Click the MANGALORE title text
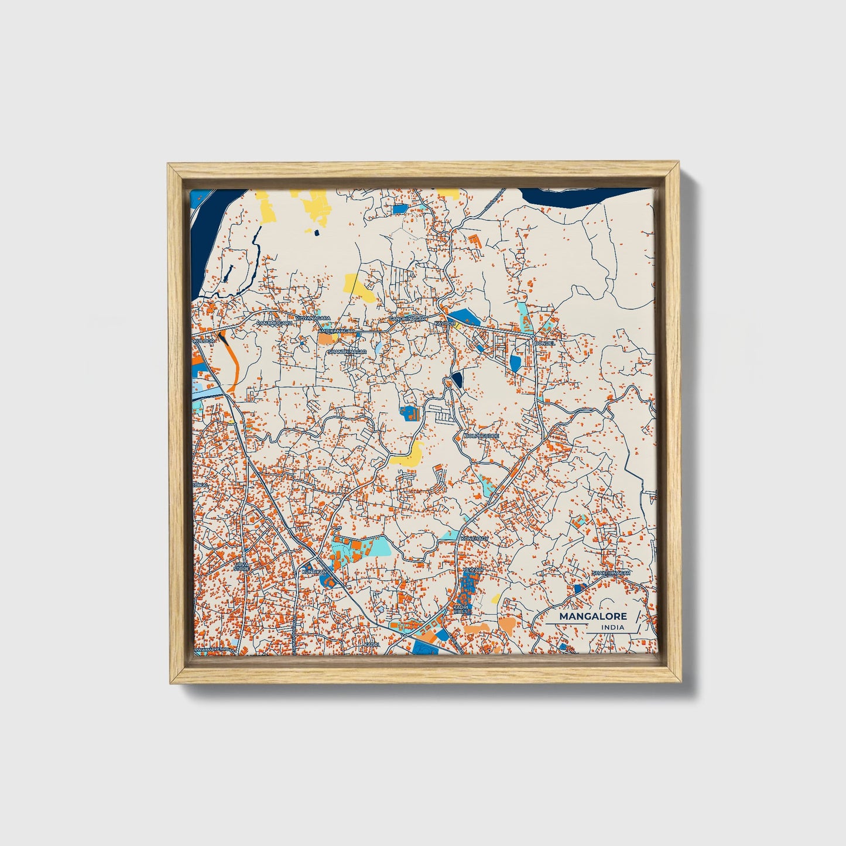592,616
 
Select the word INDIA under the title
612,628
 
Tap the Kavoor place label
445,323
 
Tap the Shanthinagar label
347,351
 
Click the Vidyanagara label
313,318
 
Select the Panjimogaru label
274,322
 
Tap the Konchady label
474,537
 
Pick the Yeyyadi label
473,569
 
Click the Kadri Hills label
460,609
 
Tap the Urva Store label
241,567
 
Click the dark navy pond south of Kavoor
457,379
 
